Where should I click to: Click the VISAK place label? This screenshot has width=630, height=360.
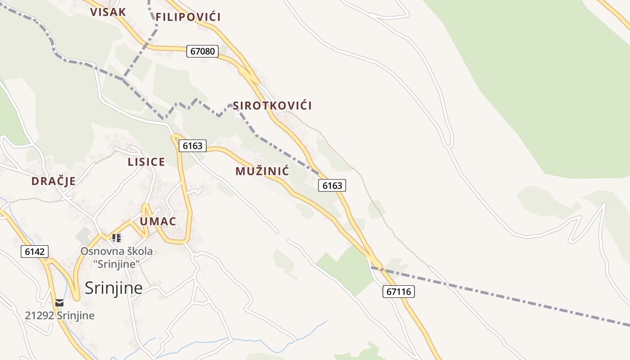point(108,12)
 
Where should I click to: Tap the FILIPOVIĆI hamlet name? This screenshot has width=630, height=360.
point(188,18)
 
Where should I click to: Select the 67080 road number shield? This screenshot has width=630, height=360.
point(202,51)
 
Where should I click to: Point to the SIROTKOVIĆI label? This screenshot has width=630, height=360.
point(272,106)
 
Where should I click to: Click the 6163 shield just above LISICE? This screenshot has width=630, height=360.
point(193,146)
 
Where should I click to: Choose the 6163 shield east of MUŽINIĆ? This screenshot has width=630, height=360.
point(332,185)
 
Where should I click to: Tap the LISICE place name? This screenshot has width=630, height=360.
point(146,162)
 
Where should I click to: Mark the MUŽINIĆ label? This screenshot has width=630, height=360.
point(262,171)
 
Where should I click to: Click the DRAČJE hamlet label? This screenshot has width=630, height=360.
point(54,181)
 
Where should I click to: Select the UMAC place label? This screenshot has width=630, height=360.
point(157,221)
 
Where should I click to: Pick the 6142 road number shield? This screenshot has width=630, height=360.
point(35,252)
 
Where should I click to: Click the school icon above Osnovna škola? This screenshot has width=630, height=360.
point(117,238)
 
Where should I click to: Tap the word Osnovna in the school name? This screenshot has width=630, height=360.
point(99,251)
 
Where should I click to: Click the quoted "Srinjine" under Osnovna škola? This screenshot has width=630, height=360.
point(117,264)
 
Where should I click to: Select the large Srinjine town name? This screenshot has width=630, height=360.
point(113,288)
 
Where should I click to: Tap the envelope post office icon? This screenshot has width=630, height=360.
point(59,302)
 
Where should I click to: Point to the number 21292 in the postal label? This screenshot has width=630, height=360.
point(39,315)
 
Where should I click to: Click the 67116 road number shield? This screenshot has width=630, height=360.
point(399,292)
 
